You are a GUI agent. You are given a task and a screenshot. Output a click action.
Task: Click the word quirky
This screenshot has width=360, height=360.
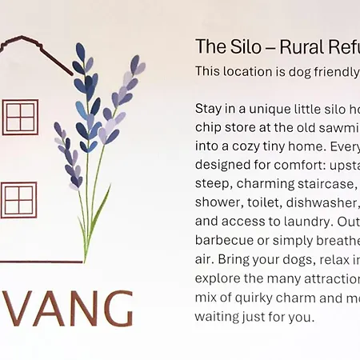[x=241, y=298]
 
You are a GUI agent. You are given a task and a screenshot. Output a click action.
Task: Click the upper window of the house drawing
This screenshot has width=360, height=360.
[x=20, y=117]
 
